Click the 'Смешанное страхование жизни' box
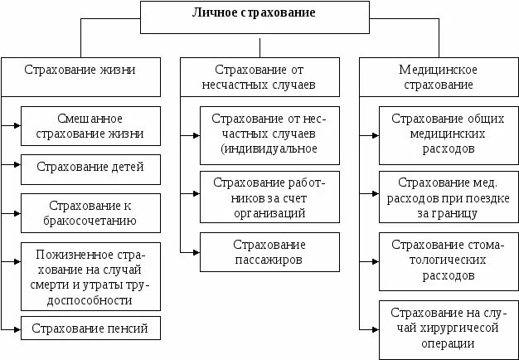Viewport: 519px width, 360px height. click(90, 125)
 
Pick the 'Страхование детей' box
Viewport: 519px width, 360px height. click(90, 168)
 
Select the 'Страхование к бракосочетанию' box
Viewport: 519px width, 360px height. click(90, 212)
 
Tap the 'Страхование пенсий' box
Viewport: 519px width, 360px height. click(90, 328)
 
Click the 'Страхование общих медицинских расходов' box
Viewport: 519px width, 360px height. click(447, 134)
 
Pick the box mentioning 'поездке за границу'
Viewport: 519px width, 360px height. click(447, 197)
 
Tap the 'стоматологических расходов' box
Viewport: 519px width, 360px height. click(447, 259)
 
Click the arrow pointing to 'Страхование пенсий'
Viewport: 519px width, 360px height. click(13, 328)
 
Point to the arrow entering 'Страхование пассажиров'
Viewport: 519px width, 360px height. click(192, 251)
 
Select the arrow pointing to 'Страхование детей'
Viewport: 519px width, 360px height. click(13, 168)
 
